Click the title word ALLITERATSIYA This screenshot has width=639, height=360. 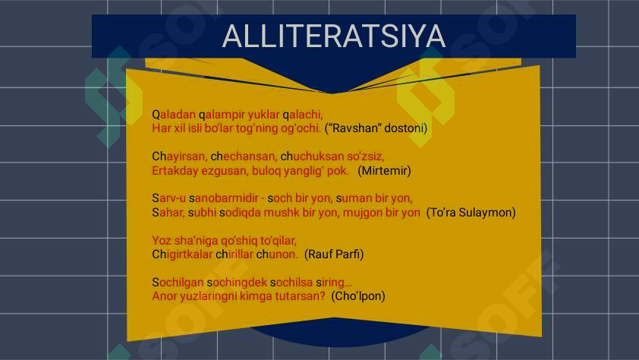coord(333,36)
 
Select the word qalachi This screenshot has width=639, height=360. coord(302,115)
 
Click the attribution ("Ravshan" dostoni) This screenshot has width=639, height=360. coord(376,128)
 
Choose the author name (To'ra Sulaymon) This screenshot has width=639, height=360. coord(471,213)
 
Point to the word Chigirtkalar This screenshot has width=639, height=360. coord(182,254)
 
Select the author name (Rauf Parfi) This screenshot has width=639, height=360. coord(334,254)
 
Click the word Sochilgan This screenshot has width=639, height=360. coord(178,282)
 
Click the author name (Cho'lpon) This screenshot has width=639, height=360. coord(358,296)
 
